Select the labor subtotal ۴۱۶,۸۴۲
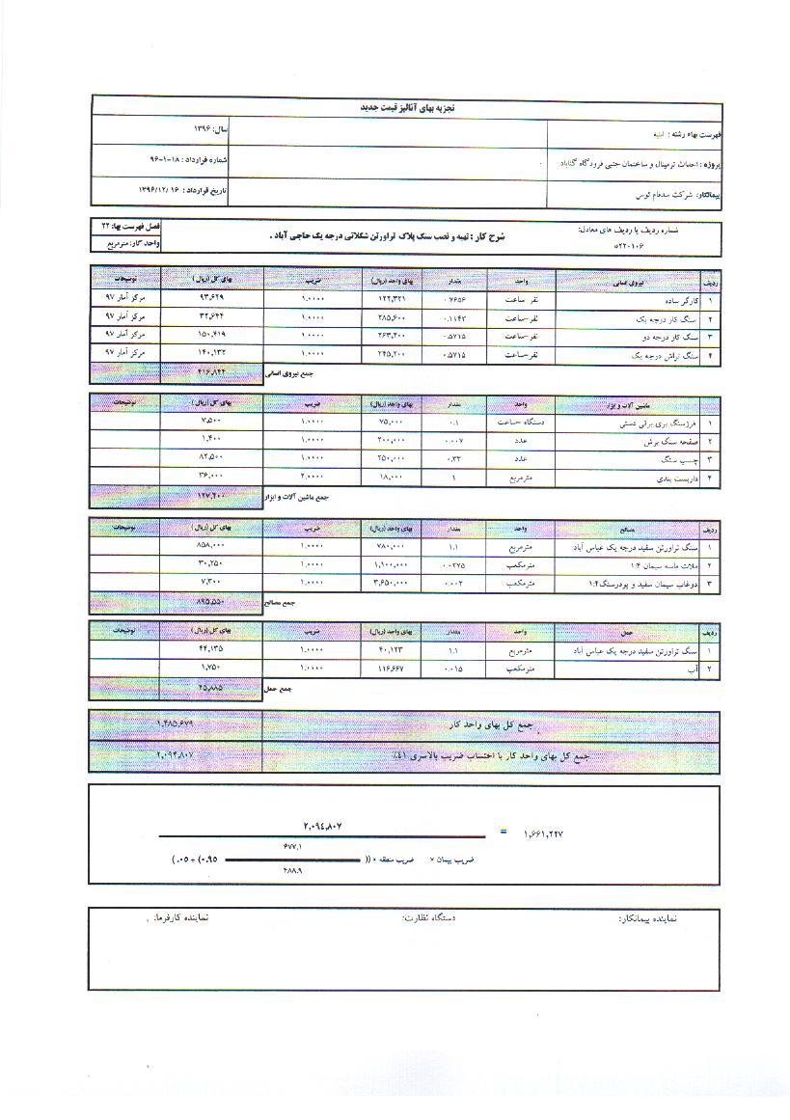point(210,370)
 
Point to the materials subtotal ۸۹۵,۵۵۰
point(210,601)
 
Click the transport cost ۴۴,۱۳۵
point(210,649)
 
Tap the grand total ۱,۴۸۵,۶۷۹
point(175,723)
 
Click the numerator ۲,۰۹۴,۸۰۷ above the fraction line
point(323,826)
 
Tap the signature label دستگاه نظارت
point(427,918)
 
